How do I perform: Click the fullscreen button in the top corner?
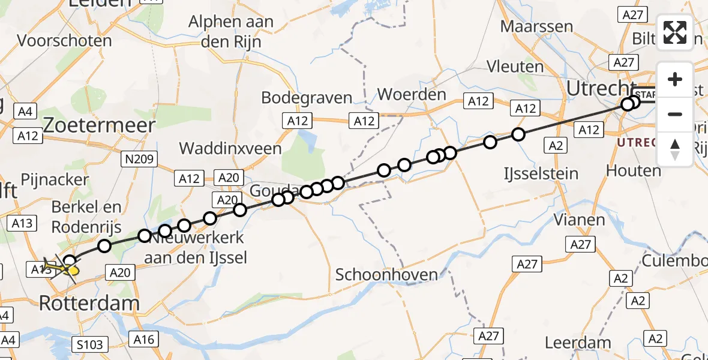(675, 32)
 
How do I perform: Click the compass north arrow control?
(675, 149)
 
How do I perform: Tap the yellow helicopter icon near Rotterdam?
(64, 269)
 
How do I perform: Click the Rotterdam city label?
(89, 303)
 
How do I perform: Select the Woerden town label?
(412, 94)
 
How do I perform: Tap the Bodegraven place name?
(307, 98)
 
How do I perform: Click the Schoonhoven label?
(386, 275)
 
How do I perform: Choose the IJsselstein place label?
(540, 174)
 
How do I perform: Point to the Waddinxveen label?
(230, 148)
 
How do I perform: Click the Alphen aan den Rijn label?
(231, 32)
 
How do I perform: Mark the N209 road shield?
(139, 159)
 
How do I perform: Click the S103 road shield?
(91, 344)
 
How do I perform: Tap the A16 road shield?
(144, 340)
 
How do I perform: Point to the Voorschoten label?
(65, 41)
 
